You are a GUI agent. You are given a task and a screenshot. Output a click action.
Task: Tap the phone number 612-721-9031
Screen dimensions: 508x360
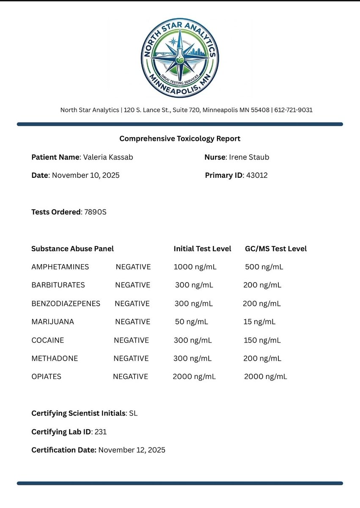pos(293,110)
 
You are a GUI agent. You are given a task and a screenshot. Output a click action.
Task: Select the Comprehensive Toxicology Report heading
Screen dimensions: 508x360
pos(180,138)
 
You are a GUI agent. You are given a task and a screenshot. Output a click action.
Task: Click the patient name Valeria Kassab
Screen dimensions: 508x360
pos(108,157)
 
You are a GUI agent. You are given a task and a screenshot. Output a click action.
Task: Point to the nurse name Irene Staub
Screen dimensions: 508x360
pos(249,157)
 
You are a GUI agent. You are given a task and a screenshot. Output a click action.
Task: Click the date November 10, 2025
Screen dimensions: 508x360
pos(85,175)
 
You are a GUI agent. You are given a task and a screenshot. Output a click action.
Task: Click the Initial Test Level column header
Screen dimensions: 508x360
pos(202,248)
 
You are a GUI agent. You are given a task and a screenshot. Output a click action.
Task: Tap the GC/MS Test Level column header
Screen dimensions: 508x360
pos(275,248)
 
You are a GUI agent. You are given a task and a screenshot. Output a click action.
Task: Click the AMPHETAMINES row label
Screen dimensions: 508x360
pos(60,267)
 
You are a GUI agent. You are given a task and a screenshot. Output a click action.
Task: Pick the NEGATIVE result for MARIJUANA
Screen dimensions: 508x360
pos(132,322)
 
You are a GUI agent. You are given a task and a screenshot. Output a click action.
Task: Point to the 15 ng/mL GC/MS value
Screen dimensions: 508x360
pos(259,322)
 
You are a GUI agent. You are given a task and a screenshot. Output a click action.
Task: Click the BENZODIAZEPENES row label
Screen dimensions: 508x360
pos(66,304)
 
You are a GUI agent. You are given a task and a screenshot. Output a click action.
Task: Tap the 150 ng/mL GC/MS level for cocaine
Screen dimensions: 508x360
pos(262,340)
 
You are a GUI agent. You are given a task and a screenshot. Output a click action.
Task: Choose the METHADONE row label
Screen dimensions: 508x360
pos(55,358)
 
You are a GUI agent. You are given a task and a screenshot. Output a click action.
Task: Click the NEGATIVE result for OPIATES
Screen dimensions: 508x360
pos(130,376)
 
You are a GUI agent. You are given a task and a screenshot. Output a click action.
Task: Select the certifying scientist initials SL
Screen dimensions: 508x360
pos(133,413)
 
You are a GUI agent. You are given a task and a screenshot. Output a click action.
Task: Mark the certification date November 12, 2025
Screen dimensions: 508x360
pos(132,450)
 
